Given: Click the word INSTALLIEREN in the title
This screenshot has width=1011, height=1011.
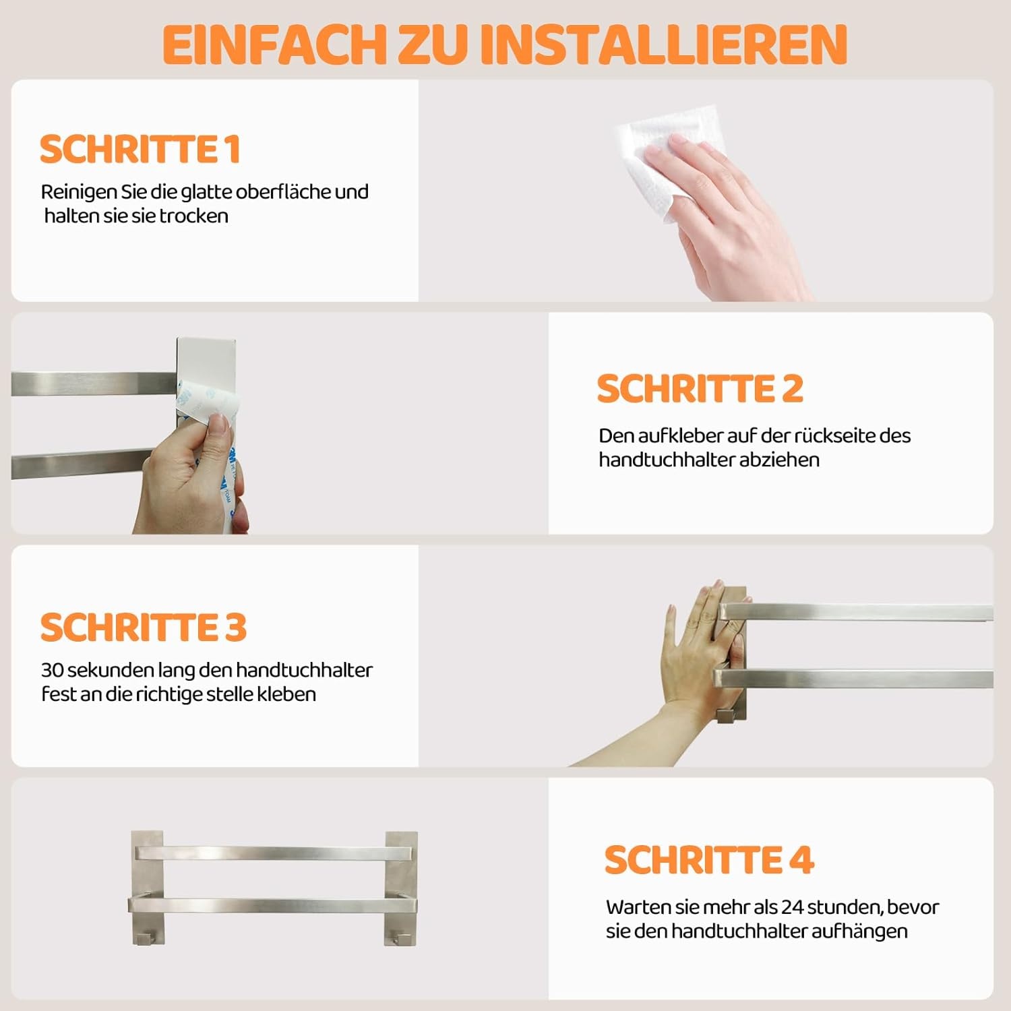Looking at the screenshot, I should [x=663, y=44].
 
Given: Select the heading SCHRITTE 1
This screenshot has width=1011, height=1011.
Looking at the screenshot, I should [x=140, y=149].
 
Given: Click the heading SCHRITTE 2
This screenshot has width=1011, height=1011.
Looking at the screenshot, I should [x=700, y=388].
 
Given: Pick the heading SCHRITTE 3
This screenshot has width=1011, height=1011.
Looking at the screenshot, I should [x=144, y=627].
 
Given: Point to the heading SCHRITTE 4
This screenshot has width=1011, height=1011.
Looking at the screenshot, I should [x=709, y=860].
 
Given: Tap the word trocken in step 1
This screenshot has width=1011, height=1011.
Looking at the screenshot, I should [x=193, y=216].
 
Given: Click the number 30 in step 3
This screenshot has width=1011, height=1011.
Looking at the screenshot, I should [x=53, y=670].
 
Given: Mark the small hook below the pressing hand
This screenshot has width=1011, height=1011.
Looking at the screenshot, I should [x=725, y=715].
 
